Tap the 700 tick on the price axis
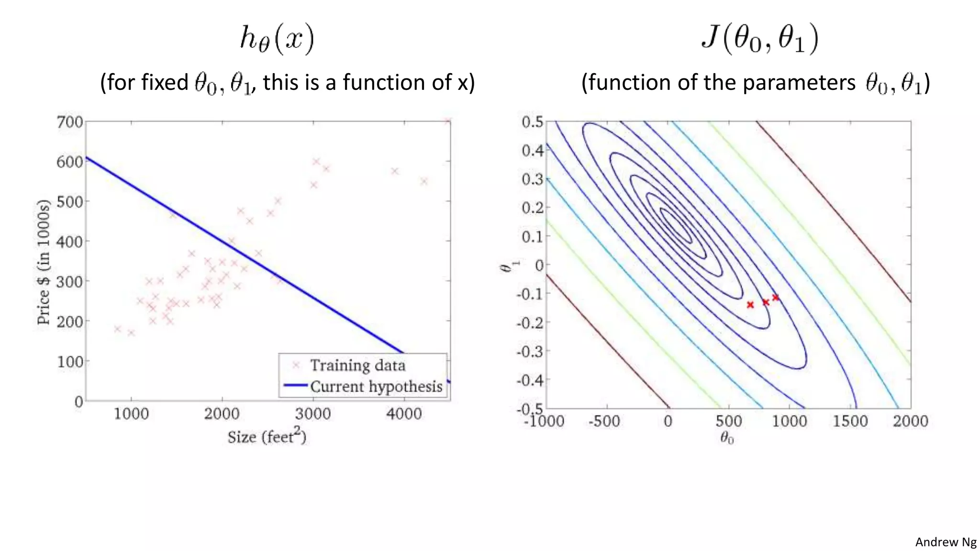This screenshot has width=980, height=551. pyautogui.click(x=70, y=122)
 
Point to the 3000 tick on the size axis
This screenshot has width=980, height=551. pyautogui.click(x=312, y=414)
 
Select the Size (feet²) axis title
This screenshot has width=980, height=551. pyautogui.click(x=267, y=436)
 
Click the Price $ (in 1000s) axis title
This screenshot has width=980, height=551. pyautogui.click(x=44, y=262)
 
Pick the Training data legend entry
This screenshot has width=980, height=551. pyautogui.click(x=357, y=365)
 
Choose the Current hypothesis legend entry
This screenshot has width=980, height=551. pyautogui.click(x=376, y=386)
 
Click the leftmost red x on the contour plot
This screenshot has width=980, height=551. pyautogui.click(x=750, y=305)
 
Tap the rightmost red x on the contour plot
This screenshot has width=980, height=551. pyautogui.click(x=776, y=298)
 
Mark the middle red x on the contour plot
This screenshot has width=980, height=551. pyautogui.click(x=766, y=302)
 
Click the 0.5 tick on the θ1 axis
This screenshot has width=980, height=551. pyautogui.click(x=532, y=122)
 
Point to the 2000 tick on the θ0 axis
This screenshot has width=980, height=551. pyautogui.click(x=910, y=421)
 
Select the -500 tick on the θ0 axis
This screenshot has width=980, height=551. pyautogui.click(x=604, y=421)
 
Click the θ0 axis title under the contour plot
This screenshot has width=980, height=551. pyautogui.click(x=727, y=438)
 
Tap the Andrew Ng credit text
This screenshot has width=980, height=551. pyautogui.click(x=946, y=542)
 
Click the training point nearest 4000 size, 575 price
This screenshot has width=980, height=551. pyautogui.click(x=395, y=171)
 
